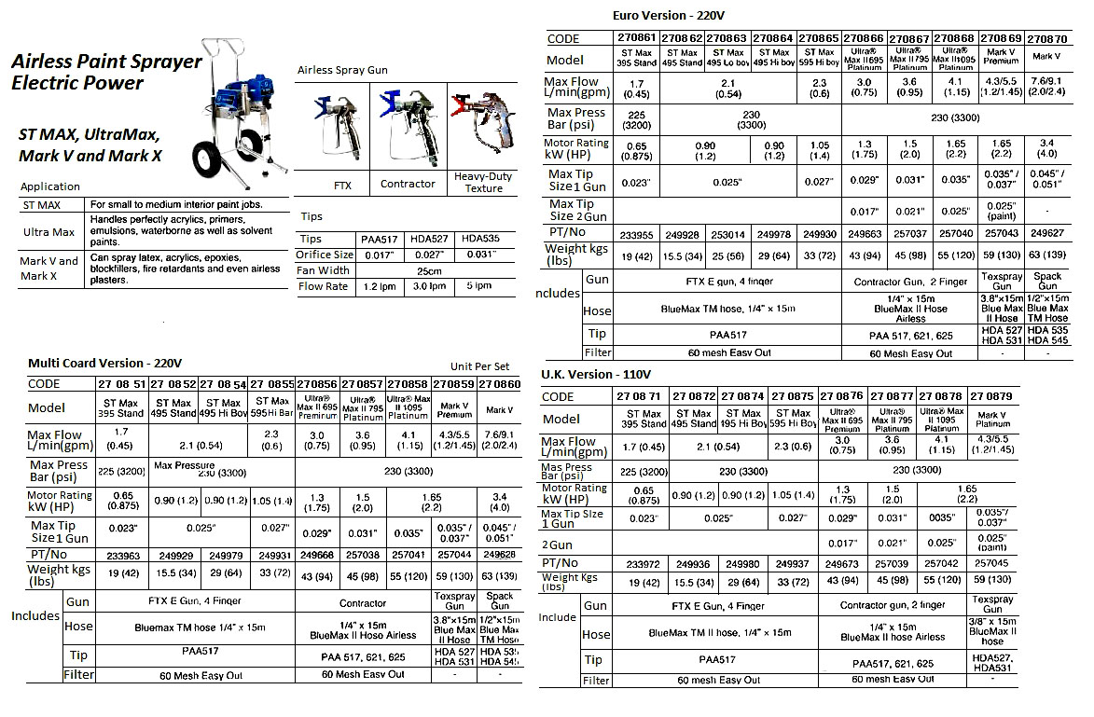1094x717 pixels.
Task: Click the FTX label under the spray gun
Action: click(x=342, y=185)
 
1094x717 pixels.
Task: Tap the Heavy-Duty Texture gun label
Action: click(x=483, y=182)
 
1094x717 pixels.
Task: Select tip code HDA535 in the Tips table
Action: click(x=481, y=238)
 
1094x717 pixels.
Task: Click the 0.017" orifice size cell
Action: click(x=385, y=255)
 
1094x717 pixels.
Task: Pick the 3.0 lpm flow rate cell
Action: click(x=434, y=286)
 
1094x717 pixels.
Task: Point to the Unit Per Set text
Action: click(x=481, y=368)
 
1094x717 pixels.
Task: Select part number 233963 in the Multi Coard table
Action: click(x=118, y=554)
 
